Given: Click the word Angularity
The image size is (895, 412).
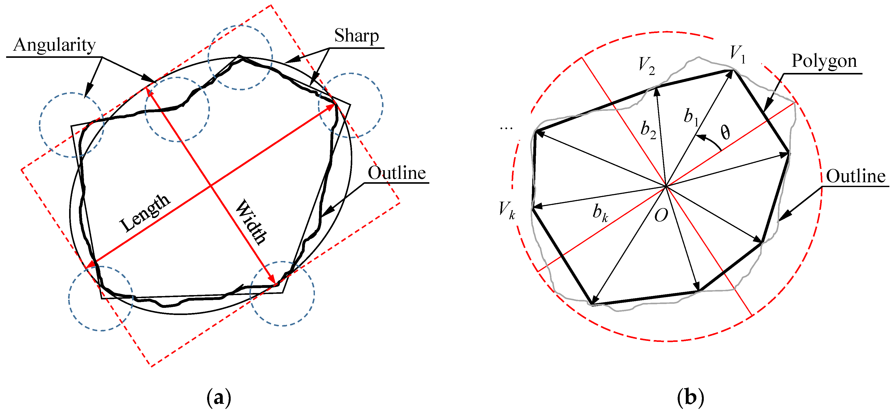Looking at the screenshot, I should tap(54, 45).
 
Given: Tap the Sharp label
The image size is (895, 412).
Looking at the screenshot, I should tap(356, 36).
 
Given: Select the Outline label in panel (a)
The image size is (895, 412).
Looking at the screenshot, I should tap(397, 173).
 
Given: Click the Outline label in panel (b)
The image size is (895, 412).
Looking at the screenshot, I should tap(855, 176).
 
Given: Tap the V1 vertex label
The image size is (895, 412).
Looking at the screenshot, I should tap(737, 54).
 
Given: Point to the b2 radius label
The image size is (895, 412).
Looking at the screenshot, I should tap(648, 130).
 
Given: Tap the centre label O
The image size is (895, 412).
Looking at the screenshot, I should tap(661, 216).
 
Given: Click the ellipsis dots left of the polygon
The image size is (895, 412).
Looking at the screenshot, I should tap(506, 128).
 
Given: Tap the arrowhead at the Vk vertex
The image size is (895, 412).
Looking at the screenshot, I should tap(537, 207).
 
